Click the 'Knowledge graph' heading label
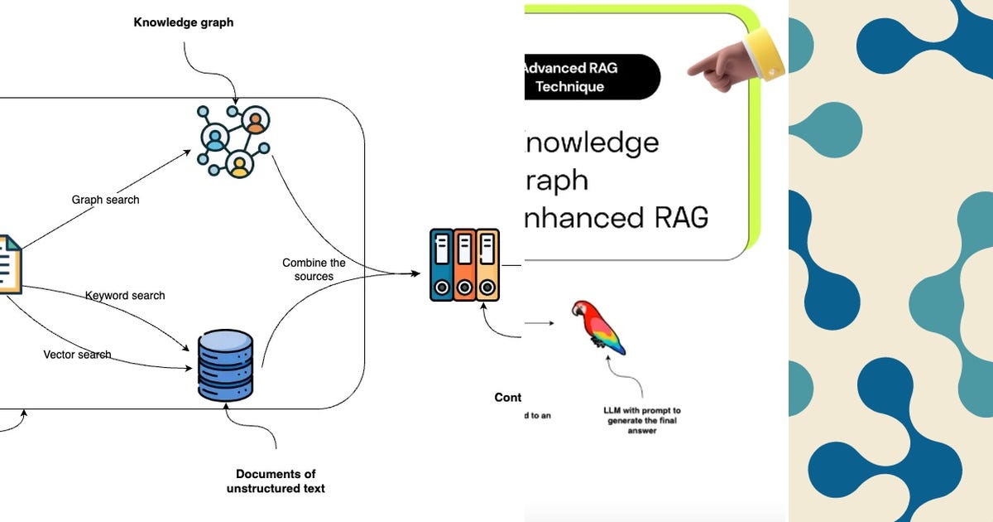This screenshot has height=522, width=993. tap(184, 23)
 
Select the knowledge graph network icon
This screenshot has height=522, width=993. tap(233, 140)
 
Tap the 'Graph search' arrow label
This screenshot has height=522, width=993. tap(105, 200)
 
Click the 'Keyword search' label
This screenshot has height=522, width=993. tap(125, 296)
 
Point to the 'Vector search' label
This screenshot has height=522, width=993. tap(77, 355)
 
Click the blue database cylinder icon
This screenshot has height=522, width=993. tap(225, 365)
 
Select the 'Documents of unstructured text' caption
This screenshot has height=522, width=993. tap(276, 481)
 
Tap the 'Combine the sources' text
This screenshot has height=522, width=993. tap(314, 269)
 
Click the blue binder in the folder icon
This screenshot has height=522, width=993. tap(442, 265)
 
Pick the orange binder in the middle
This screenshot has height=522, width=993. tap(465, 265)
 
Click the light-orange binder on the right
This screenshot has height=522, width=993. tap(487, 265)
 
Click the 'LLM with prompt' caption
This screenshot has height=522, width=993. tap(642, 420)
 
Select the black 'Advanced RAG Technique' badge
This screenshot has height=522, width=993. tap(591, 77)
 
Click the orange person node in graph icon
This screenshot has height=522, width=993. tap(256, 122)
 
